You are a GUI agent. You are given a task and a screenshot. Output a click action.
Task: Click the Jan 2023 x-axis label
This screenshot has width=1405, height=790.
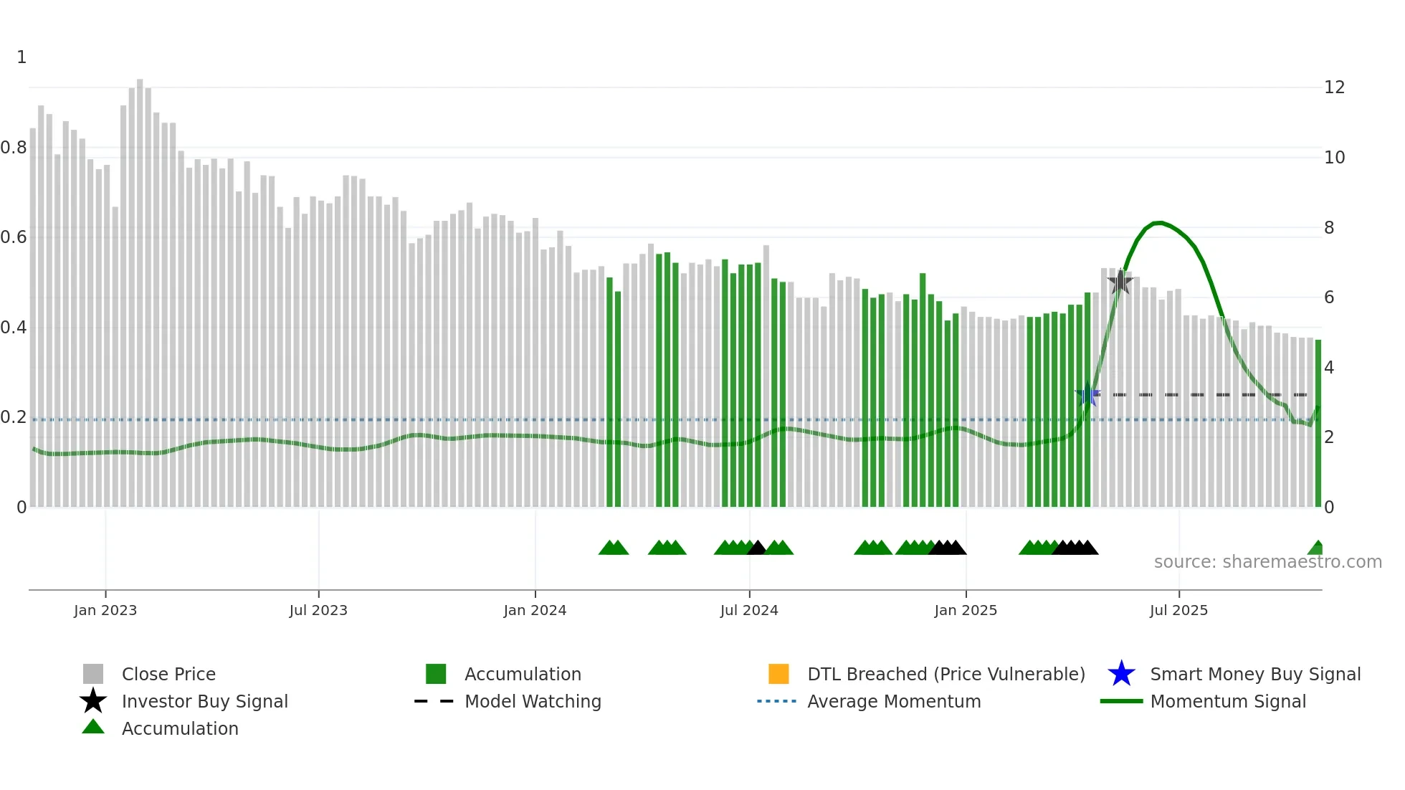click(x=105, y=610)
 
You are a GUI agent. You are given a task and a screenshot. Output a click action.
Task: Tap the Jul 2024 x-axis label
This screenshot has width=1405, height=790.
click(x=749, y=610)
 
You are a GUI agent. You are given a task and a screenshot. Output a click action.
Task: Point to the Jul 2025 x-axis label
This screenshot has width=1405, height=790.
click(x=1178, y=610)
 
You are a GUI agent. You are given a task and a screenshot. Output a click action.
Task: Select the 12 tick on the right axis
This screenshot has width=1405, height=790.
click(x=1334, y=87)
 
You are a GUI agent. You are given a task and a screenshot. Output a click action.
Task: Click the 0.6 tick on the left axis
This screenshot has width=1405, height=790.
click(x=14, y=237)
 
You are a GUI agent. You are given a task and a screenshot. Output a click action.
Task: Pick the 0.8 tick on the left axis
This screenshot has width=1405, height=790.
click(x=14, y=148)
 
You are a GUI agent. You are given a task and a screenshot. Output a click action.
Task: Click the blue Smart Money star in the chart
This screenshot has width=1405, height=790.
click(x=1087, y=394)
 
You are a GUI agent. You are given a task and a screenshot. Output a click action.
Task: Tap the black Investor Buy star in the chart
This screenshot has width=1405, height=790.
click(x=1120, y=282)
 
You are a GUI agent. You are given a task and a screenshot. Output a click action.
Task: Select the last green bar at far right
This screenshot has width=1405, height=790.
click(x=1318, y=423)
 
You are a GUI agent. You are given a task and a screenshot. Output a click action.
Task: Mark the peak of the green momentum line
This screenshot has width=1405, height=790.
click(x=1158, y=223)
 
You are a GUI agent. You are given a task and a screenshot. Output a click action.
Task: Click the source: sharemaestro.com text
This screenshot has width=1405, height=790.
click(x=1267, y=562)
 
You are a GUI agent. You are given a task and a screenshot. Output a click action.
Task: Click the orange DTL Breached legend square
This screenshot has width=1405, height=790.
click(x=778, y=674)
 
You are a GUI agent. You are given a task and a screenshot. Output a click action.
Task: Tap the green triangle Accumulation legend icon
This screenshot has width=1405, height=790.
click(x=93, y=728)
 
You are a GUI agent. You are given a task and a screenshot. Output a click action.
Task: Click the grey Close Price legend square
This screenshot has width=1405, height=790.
click(x=93, y=674)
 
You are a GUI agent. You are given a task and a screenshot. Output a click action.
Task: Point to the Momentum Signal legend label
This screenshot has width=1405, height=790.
click(x=1228, y=701)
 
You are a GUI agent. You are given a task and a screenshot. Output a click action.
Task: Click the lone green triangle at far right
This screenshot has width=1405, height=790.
click(x=1316, y=548)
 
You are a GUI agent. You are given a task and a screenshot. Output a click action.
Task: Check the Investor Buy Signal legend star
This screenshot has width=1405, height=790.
click(x=93, y=701)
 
